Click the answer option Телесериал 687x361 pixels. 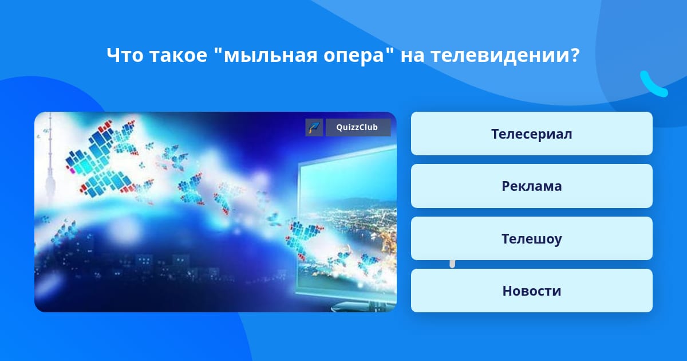[531, 134]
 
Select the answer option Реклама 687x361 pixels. [531, 186]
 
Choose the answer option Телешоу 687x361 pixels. [531, 238]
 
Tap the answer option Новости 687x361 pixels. [531, 291]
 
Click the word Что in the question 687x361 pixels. [125, 55]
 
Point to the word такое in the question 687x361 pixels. [179, 56]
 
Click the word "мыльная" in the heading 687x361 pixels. [266, 55]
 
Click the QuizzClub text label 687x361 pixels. [357, 127]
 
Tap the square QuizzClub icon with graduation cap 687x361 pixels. [314, 127]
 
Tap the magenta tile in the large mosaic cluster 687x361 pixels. [72, 170]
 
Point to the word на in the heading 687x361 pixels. [412, 56]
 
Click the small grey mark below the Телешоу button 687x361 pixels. [452, 264]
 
